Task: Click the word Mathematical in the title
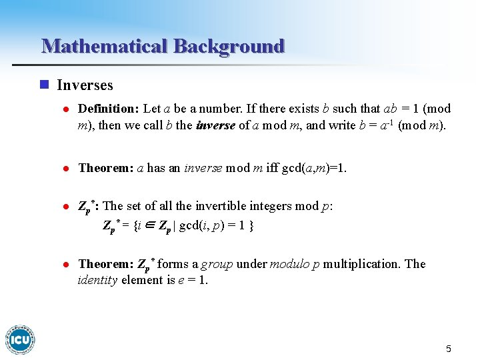pyautogui.click(x=105, y=46)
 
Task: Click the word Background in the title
pyautogui.click(x=229, y=46)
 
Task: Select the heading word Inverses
pyautogui.click(x=85, y=85)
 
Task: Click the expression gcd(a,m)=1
pyautogui.click(x=314, y=168)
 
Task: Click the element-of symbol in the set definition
pyautogui.click(x=149, y=226)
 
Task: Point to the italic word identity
pyautogui.click(x=98, y=280)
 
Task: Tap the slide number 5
pyautogui.click(x=449, y=349)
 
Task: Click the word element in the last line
pyautogui.click(x=141, y=280)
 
